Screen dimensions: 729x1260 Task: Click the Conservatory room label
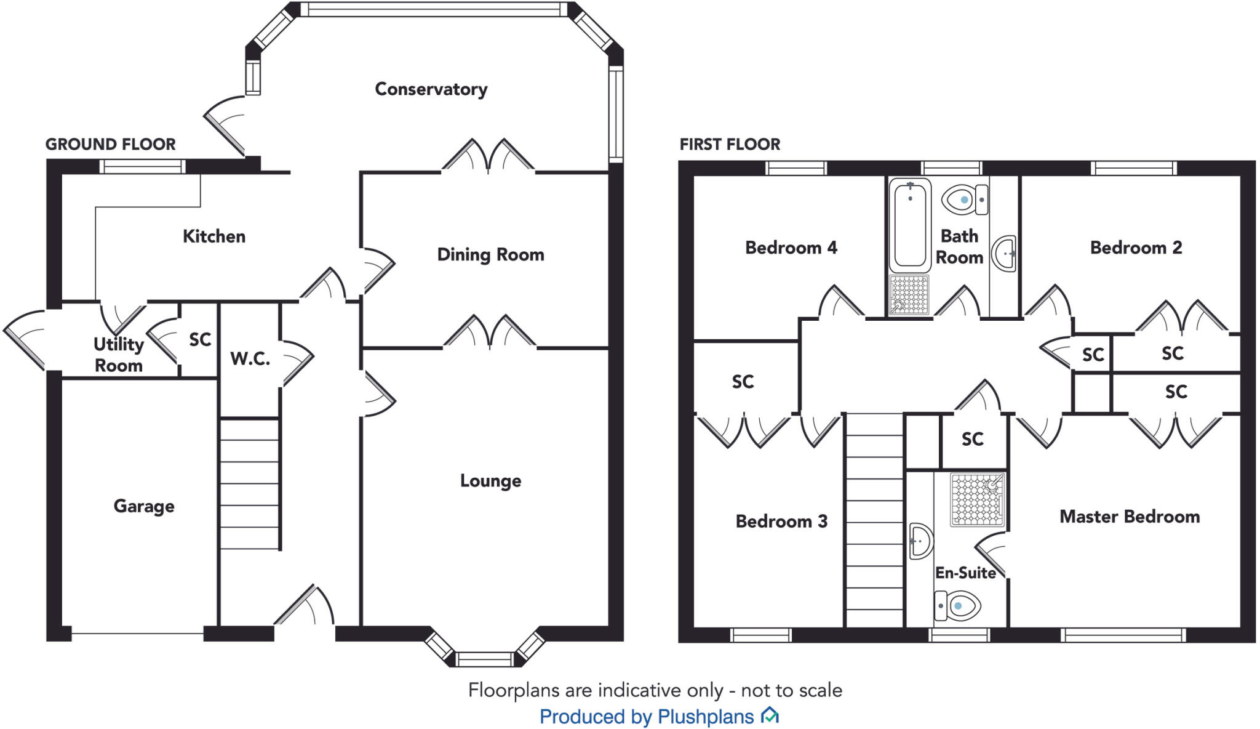[431, 89]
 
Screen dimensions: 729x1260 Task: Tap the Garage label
[143, 506]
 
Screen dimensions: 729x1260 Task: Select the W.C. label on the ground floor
[250, 358]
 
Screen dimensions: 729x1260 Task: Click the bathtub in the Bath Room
[910, 224]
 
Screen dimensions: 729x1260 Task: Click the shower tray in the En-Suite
[978, 499]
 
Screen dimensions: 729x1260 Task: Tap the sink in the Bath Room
[1005, 252]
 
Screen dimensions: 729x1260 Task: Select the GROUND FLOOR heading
[110, 144]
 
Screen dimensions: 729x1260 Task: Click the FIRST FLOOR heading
[729, 144]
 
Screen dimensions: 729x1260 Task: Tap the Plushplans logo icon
[770, 715]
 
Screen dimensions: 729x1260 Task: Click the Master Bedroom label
[1129, 517]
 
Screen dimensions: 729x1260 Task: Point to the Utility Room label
[118, 355]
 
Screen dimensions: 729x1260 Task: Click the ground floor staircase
[249, 483]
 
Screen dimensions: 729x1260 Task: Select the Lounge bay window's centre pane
[485, 660]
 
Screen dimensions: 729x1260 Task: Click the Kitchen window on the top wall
[142, 166]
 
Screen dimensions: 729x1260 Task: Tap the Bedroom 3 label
[781, 522]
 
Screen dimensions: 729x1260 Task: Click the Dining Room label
[490, 254]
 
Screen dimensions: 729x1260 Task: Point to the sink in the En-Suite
[920, 541]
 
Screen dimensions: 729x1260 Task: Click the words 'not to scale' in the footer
[791, 690]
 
